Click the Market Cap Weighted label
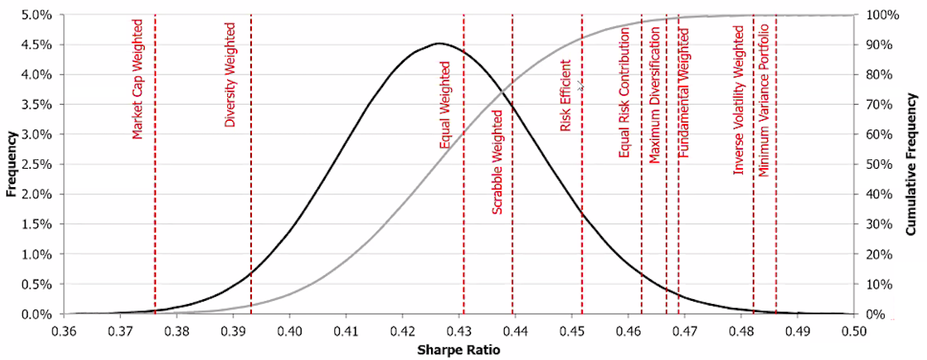tap(138, 80)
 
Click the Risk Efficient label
tap(565, 95)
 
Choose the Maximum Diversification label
tap(654, 94)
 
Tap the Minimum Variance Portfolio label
tap(764, 99)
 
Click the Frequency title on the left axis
tap(11, 164)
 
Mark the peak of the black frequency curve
tap(440, 43)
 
